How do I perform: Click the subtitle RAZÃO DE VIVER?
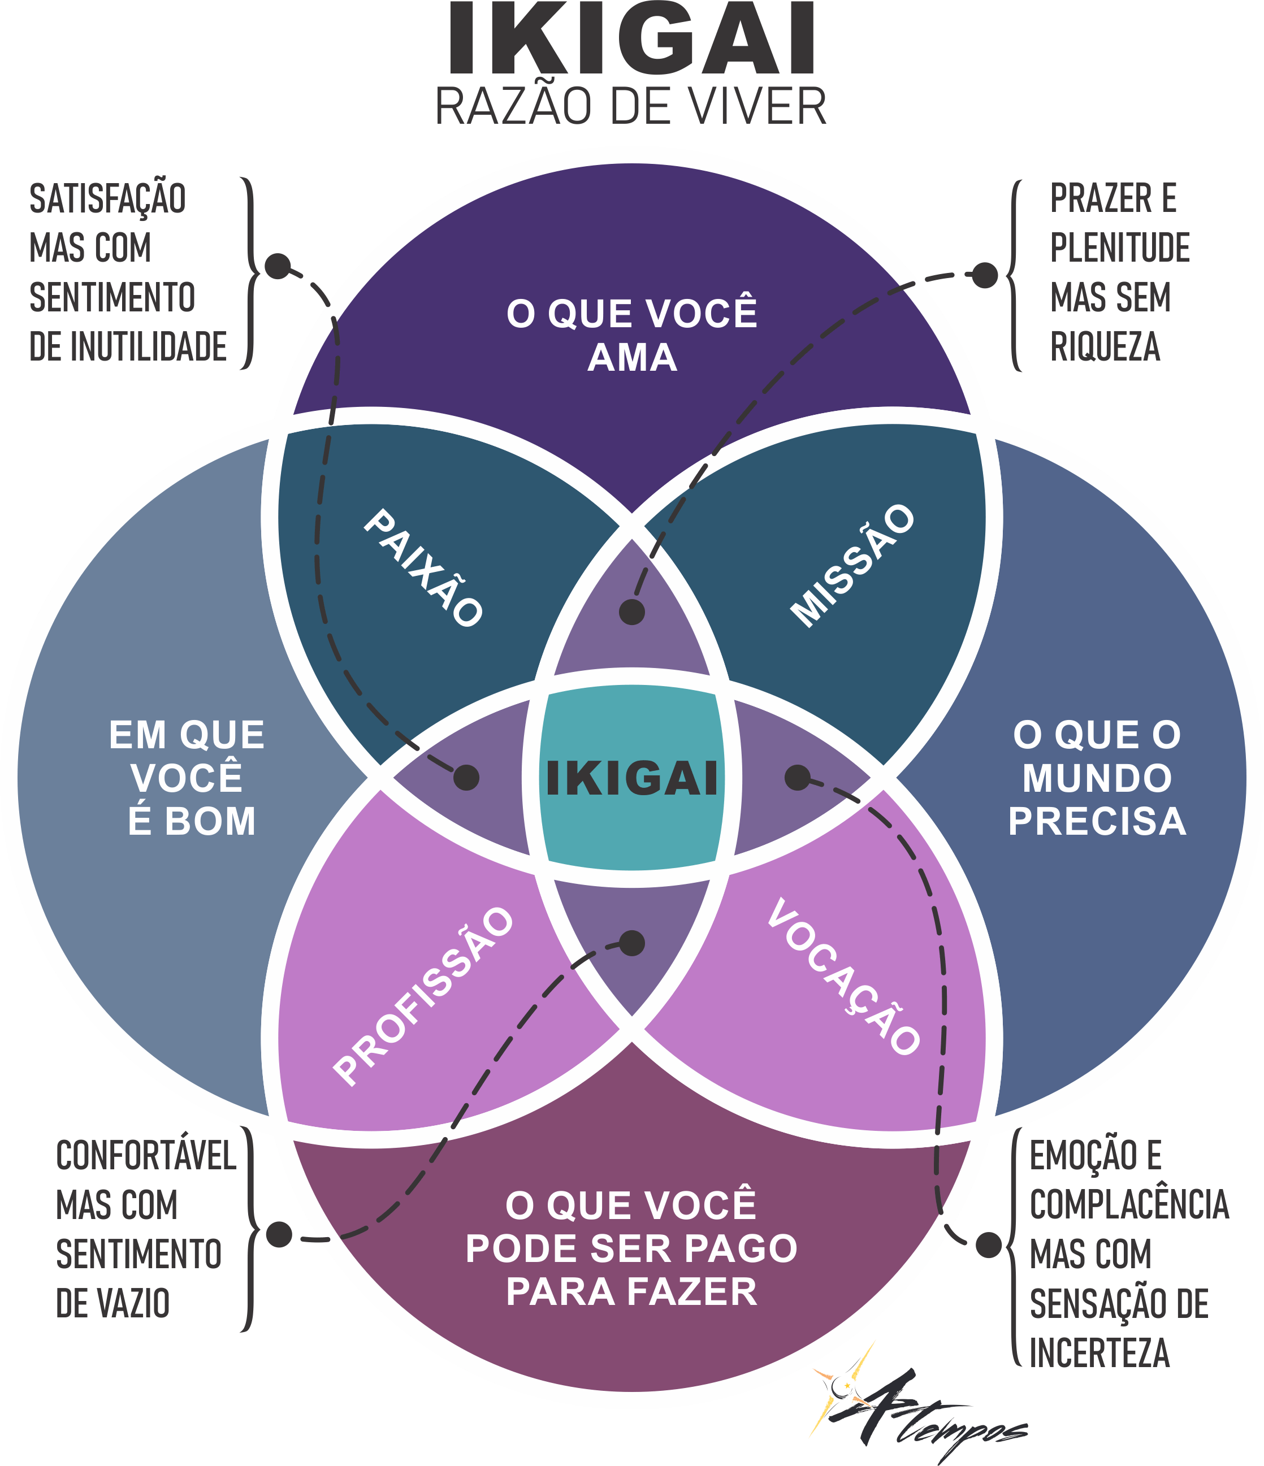coord(630,107)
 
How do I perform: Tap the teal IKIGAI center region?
coord(632,778)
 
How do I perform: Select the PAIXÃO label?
coord(423,568)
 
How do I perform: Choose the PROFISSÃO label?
coord(424,996)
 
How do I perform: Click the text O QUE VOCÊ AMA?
coord(632,335)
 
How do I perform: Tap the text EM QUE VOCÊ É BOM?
coord(188,778)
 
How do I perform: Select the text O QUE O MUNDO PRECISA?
coord(1097,778)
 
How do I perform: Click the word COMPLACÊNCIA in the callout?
coord(1129,1204)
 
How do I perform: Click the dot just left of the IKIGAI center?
coord(466,778)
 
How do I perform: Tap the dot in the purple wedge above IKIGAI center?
coord(632,612)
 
